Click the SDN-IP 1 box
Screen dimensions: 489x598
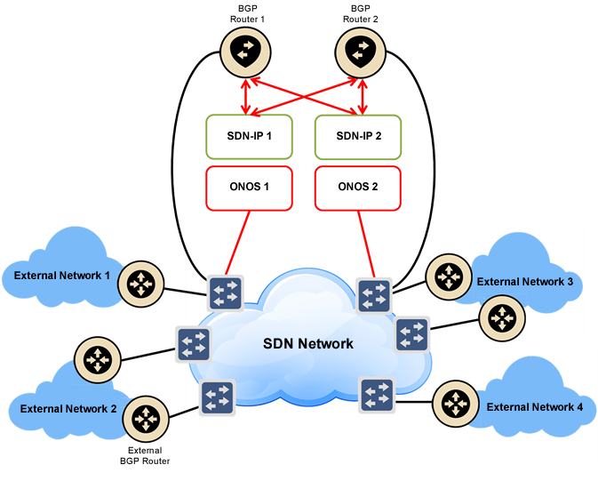tap(249, 136)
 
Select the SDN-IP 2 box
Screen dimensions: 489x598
tap(358, 136)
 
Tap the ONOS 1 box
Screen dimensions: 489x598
tap(249, 188)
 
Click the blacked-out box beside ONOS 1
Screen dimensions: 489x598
tap(358, 188)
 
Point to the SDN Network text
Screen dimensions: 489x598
tap(307, 343)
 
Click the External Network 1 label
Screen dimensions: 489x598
tap(62, 276)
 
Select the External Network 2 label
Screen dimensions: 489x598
tap(68, 409)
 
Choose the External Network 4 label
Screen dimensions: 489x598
tap(535, 407)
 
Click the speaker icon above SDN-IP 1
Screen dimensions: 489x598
tap(243, 52)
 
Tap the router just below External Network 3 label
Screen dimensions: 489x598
tap(501, 317)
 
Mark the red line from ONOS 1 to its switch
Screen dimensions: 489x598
tap(236, 245)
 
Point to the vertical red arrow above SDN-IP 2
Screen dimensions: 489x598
tap(362, 92)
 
